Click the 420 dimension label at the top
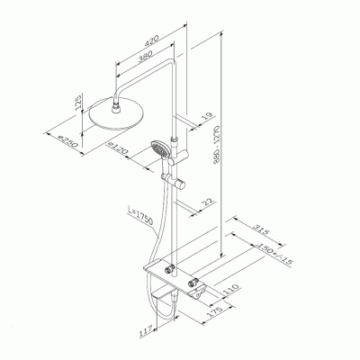153,40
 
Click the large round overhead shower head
116,112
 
